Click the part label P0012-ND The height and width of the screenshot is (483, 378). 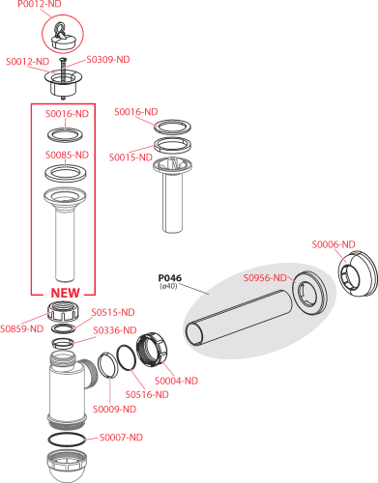40,4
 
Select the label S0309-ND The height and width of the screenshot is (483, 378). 108,60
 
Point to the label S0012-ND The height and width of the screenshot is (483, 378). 28,62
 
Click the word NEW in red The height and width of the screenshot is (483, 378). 65,293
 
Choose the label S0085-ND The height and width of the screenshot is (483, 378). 67,155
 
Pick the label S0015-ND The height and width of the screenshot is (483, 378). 131,157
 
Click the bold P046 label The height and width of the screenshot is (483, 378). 170,277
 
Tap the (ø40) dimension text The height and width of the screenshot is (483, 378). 168,286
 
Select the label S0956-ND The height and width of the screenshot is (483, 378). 265,278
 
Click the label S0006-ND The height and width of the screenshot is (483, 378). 334,244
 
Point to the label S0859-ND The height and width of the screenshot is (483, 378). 21,328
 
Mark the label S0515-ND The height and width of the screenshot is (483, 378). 113,312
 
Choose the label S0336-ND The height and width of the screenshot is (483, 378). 115,330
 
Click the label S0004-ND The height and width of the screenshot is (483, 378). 177,381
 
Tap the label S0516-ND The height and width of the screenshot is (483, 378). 147,394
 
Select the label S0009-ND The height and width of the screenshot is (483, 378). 114,410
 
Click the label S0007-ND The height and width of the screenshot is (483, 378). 121,438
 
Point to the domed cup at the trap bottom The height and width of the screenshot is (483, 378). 67,466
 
